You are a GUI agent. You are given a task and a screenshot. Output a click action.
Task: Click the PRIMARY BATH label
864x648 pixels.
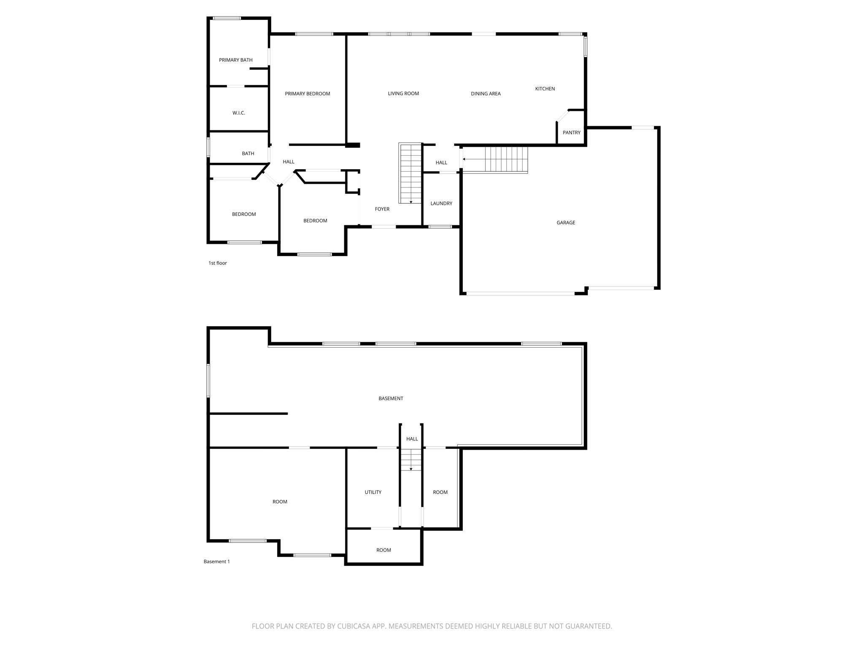tap(235, 60)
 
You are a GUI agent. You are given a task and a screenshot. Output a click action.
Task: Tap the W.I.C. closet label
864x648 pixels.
tap(238, 113)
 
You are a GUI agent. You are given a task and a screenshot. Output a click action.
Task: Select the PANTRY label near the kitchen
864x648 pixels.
tap(571, 132)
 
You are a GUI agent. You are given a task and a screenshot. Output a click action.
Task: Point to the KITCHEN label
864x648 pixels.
tap(545, 89)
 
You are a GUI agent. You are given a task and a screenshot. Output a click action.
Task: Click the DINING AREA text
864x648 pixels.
tap(486, 94)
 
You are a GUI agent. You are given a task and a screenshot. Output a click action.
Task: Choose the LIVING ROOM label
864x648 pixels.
tap(403, 94)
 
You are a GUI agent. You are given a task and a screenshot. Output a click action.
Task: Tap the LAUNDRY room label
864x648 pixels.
tap(441, 203)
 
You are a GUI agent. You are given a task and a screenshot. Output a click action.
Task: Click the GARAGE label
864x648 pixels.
tap(565, 223)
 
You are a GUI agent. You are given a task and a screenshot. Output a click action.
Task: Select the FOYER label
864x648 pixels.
tap(382, 209)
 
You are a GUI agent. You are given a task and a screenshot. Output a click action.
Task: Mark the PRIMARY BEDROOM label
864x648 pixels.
tap(307, 94)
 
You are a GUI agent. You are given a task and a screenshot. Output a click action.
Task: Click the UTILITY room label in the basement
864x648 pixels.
tap(373, 492)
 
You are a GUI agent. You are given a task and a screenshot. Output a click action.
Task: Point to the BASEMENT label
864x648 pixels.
tap(391, 398)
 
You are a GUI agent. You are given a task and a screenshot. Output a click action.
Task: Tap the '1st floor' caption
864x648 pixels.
tap(217, 263)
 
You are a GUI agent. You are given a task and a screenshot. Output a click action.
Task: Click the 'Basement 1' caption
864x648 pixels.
tap(216, 562)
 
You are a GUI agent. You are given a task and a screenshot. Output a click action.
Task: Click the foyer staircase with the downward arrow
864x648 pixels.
tap(410, 173)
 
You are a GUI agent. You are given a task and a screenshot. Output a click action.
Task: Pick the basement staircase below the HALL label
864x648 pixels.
tap(410, 460)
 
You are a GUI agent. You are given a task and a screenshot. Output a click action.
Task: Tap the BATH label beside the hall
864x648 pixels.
tap(248, 154)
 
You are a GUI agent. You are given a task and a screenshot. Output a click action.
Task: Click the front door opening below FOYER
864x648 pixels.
tap(383, 227)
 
